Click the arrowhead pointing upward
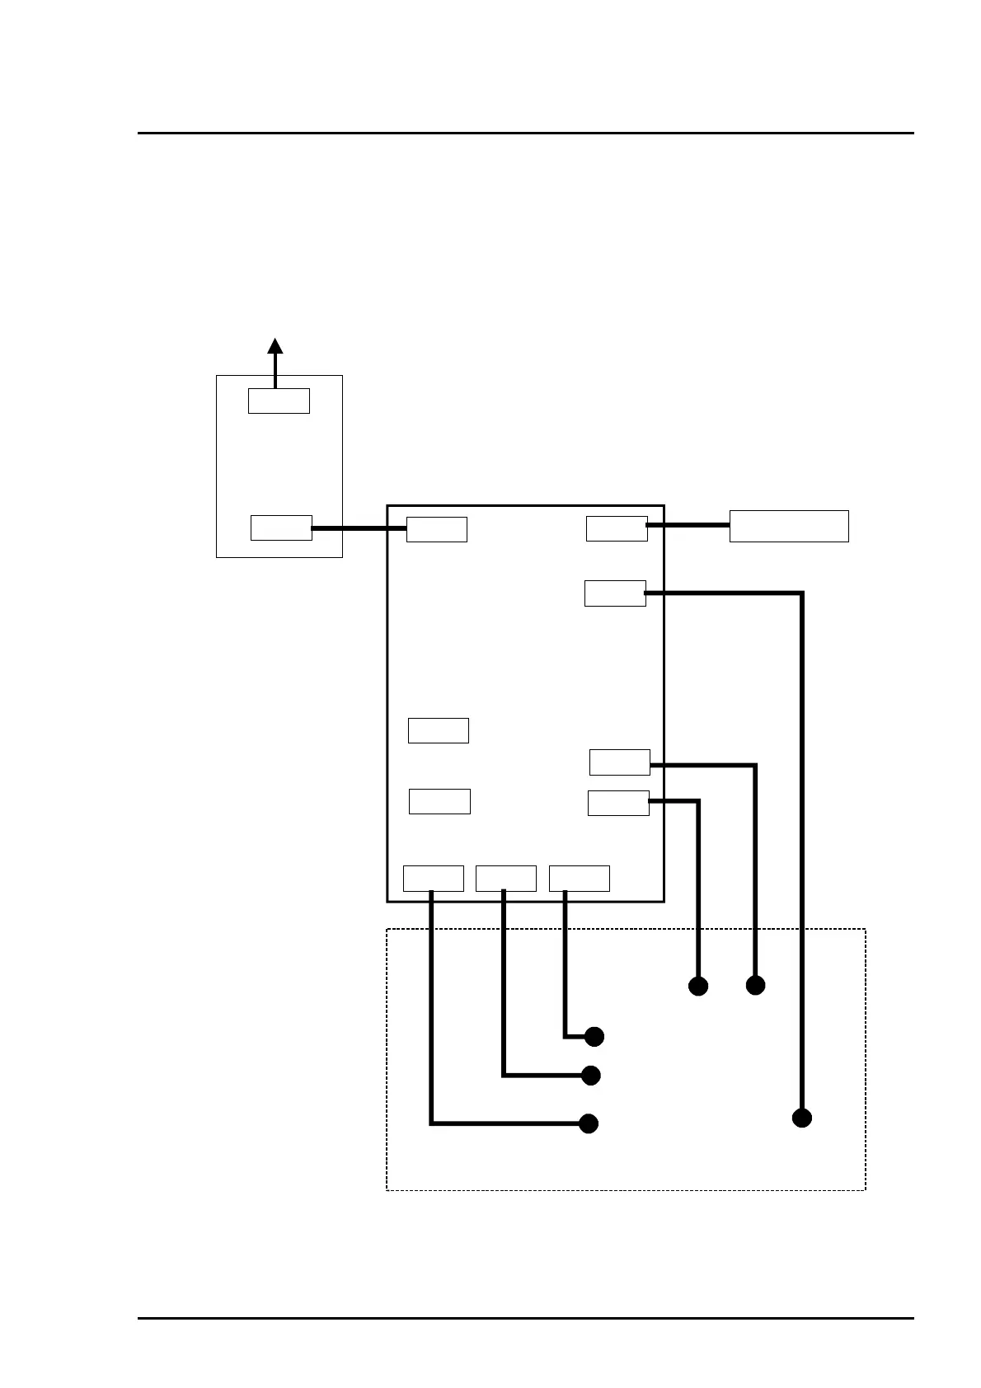[x=275, y=345]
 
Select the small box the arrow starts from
[x=279, y=401]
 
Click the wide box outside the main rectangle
[x=789, y=526]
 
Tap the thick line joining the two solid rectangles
[x=359, y=528]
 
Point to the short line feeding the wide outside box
[x=688, y=524]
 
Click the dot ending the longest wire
[x=801, y=1118]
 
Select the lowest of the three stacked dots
[x=589, y=1123]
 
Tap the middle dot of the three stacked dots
[x=590, y=1076]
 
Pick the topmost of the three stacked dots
[x=594, y=1036]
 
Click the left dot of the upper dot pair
[x=698, y=986]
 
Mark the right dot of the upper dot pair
[x=755, y=984]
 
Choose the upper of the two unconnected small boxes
[x=439, y=730]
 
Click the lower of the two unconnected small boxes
[x=439, y=801]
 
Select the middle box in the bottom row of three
[x=506, y=879]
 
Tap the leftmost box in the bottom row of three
[x=434, y=879]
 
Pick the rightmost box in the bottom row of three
[x=580, y=879]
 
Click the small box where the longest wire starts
[x=615, y=593]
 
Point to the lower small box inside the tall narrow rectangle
[x=281, y=528]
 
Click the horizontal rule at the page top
[x=525, y=133]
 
